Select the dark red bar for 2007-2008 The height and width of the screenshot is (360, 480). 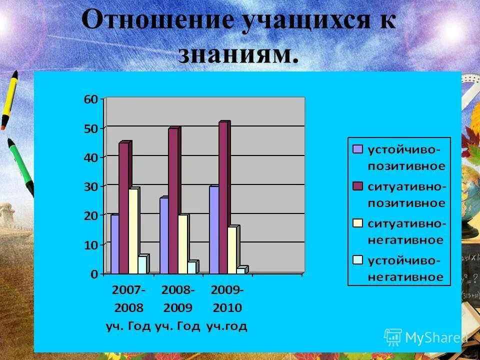pyautogui.click(x=123, y=208)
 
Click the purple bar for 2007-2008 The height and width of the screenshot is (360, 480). pyautogui.click(x=114, y=244)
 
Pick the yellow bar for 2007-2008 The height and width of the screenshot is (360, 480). pyautogui.click(x=132, y=231)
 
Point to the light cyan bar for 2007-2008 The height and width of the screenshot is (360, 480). pyautogui.click(x=142, y=264)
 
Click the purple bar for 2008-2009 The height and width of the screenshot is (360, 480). pyautogui.click(x=164, y=235)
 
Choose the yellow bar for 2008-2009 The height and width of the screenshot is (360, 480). pyautogui.click(x=182, y=244)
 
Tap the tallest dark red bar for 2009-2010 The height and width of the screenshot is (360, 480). pyautogui.click(x=223, y=198)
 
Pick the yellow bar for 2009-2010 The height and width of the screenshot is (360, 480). pyautogui.click(x=232, y=250)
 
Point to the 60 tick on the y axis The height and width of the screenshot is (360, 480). pyautogui.click(x=90, y=99)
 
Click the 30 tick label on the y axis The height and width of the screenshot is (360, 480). pyautogui.click(x=90, y=186)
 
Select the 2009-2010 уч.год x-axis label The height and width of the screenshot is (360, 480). pyautogui.click(x=227, y=307)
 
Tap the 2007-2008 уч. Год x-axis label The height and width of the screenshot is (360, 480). pyautogui.click(x=128, y=307)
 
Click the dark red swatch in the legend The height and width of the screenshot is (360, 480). pyautogui.click(x=357, y=186)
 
